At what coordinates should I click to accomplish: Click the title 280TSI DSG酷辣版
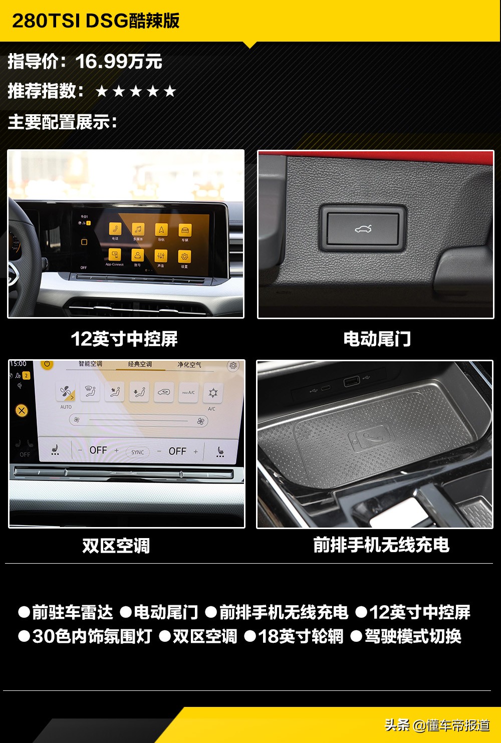tap(95, 21)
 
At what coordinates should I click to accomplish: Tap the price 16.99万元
tap(119, 62)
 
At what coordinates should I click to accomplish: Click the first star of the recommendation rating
tap(102, 91)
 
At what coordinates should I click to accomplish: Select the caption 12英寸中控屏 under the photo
tap(124, 339)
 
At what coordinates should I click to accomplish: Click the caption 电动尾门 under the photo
tap(377, 339)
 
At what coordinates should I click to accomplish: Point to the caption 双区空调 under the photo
tap(116, 546)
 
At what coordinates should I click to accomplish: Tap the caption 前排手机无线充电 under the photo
tap(381, 545)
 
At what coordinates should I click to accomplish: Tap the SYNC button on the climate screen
tap(137, 452)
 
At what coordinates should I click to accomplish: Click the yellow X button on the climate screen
tap(22, 411)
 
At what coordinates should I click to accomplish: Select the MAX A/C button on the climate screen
tap(188, 393)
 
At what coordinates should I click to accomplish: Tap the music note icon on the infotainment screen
tap(138, 229)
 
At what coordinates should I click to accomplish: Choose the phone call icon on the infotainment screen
tap(115, 229)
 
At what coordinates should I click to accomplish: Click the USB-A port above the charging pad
tap(351, 382)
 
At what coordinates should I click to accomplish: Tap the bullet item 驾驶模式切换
tap(412, 636)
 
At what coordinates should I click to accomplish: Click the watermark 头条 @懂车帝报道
tap(437, 725)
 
